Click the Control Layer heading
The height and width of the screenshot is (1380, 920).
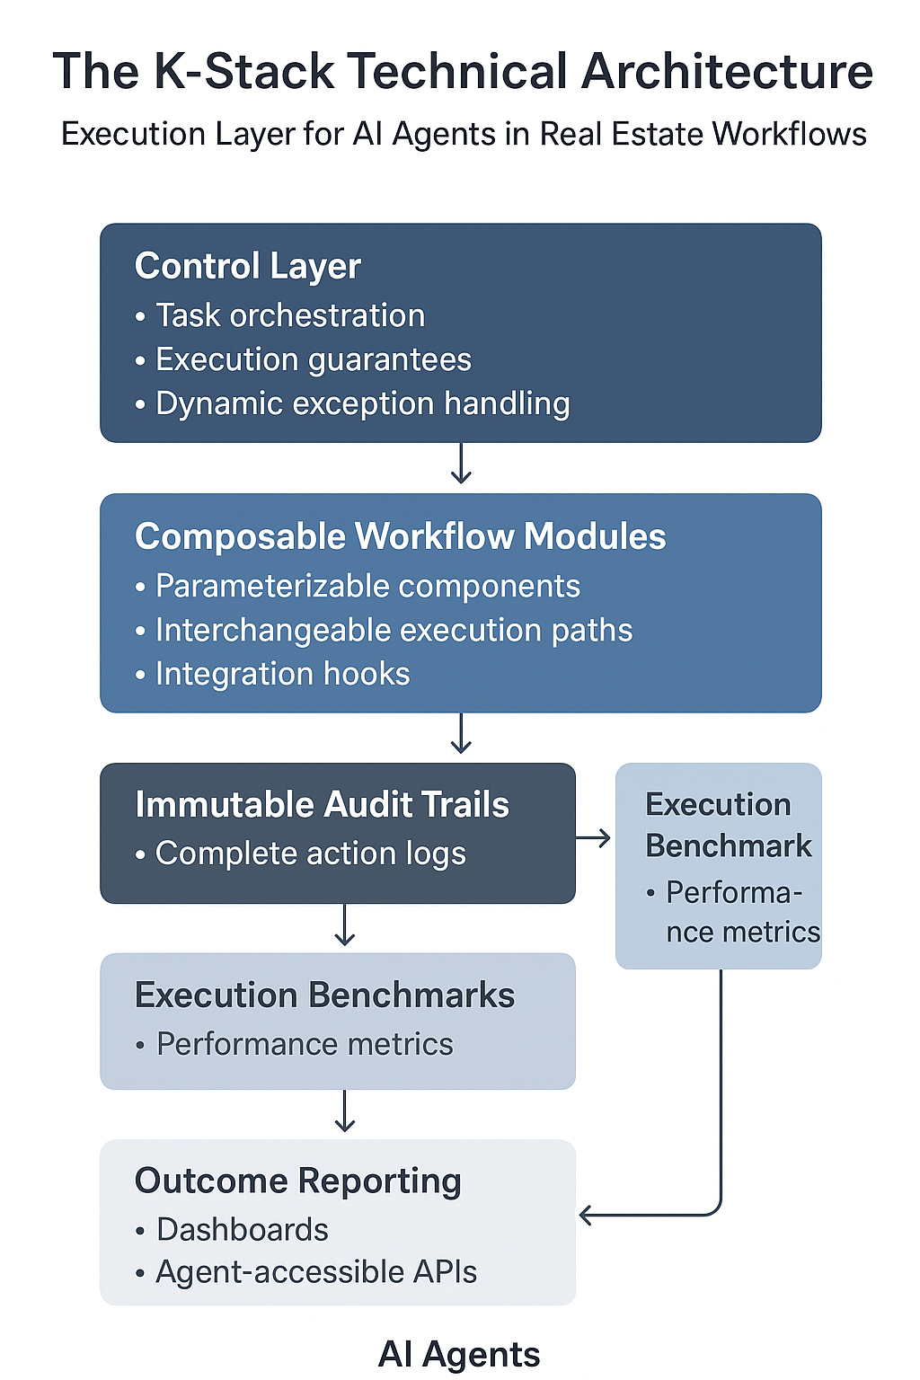pos(247,266)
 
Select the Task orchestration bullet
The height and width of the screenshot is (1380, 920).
pos(289,315)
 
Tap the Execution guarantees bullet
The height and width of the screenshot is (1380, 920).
pos(313,359)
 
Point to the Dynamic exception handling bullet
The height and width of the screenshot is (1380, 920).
pos(362,403)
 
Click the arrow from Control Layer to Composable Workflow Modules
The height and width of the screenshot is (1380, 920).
pos(461,464)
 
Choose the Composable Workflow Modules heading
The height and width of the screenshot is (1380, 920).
pos(400,536)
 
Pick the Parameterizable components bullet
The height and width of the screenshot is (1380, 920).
pos(367,586)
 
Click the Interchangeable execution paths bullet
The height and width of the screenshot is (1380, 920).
pos(394,630)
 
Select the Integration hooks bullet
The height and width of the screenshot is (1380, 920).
pos(282,674)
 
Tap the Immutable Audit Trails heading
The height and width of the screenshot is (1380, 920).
pos(322,805)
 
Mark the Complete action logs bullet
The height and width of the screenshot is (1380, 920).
pos(310,854)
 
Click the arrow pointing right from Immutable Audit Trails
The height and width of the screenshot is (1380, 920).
pos(594,838)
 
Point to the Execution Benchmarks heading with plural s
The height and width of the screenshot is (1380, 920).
pos(324,995)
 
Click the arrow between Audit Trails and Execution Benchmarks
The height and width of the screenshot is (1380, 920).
pos(345,926)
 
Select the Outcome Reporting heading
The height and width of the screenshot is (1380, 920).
pos(297,1181)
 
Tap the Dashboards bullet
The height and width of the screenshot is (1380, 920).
pos(242,1229)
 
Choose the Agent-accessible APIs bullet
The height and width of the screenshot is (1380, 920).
pos(315,1272)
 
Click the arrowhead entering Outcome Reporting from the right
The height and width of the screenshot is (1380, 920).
pos(585,1216)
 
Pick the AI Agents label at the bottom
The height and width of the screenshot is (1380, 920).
pos(459,1354)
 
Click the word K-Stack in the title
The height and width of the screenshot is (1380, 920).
pos(243,72)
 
